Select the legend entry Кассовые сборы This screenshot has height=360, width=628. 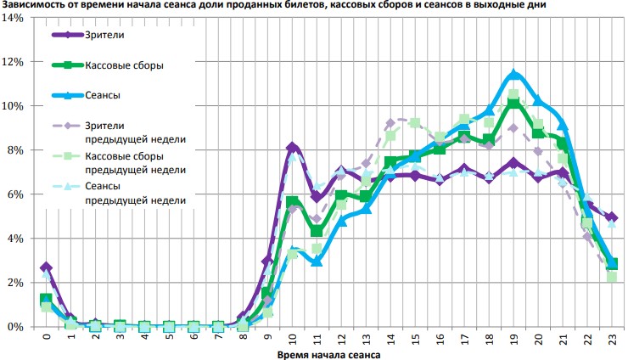[124, 65]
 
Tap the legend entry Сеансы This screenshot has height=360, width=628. [102, 94]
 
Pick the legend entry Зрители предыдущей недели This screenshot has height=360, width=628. [135, 132]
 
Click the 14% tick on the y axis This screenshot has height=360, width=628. [16, 18]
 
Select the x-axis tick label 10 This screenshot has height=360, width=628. [292, 340]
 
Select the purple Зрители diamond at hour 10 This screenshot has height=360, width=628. [292, 148]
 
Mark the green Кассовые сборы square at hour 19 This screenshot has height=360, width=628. [513, 103]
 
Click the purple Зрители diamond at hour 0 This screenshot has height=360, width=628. [46, 267]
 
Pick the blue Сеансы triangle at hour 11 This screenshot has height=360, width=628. [317, 261]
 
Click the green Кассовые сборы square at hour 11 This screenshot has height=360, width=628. [317, 231]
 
